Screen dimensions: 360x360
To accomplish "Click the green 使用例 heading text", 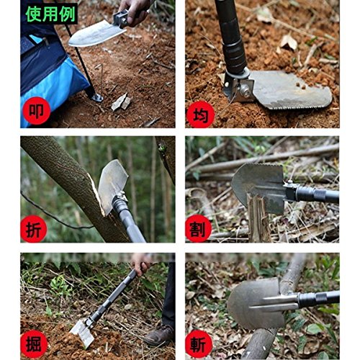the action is point(51,14).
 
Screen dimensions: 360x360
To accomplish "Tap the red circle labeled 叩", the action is point(37,111).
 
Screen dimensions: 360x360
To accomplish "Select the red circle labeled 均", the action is point(201,116).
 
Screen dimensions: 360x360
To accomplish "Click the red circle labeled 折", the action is point(34,229).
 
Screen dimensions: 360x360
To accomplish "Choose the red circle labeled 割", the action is point(199,228).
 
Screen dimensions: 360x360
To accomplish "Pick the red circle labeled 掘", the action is point(34,344).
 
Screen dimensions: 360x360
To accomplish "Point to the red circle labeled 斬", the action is point(199,344).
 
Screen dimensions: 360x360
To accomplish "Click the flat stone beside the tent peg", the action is point(122,102).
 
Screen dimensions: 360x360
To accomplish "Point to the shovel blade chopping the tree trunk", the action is point(112,186).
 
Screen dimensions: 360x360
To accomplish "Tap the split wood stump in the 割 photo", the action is point(258,217).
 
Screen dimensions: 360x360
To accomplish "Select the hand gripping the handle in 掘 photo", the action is point(141,264).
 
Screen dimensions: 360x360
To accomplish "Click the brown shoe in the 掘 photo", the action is point(160,336).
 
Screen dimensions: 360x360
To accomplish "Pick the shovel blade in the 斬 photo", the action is point(258,304).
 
